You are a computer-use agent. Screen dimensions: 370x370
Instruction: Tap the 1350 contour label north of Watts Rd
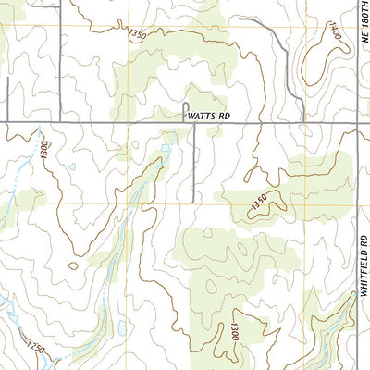pyautogui.click(x=138, y=35)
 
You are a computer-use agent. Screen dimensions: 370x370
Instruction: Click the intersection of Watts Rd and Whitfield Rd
pyautogui.click(x=357, y=121)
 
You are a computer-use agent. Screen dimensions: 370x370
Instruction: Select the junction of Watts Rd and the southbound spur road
pyautogui.click(x=194, y=121)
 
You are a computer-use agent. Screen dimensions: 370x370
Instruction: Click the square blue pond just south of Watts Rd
pyautogui.click(x=167, y=147)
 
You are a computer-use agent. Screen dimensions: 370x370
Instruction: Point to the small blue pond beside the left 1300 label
pyautogui.click(x=70, y=166)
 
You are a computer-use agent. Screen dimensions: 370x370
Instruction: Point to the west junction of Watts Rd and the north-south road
pyautogui.click(x=61, y=121)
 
